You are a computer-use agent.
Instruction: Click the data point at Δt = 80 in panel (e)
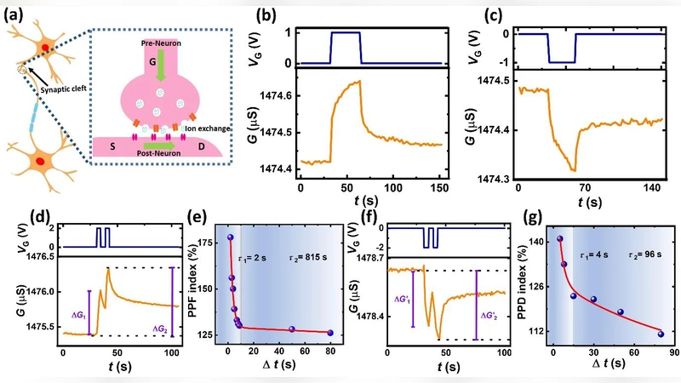point(329,333)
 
